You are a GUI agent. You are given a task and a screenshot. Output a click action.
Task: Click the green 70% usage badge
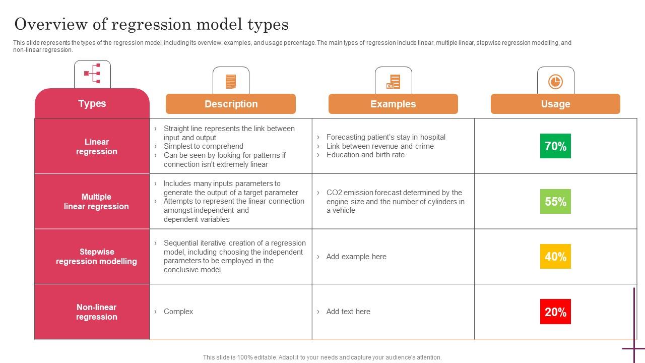click(x=555, y=146)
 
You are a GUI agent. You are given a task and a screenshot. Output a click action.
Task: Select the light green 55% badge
click(x=555, y=202)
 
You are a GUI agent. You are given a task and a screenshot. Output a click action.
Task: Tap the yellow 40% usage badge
click(x=555, y=257)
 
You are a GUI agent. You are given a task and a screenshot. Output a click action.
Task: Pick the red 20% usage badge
click(x=555, y=312)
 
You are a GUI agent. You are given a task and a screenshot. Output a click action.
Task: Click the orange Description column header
click(x=231, y=104)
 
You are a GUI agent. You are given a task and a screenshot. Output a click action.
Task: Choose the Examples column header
click(x=393, y=104)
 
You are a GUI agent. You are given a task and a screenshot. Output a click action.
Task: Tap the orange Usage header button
click(x=555, y=104)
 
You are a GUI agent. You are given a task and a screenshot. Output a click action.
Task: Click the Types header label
click(x=92, y=103)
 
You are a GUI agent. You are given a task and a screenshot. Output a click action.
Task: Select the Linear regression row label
click(x=96, y=147)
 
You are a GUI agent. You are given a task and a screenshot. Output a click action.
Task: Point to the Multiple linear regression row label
click(x=96, y=202)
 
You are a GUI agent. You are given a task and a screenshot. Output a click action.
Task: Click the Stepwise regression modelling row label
click(x=96, y=257)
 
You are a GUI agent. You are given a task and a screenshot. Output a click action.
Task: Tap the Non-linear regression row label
click(x=96, y=312)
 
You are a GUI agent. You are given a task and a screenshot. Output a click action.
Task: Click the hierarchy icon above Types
click(x=92, y=74)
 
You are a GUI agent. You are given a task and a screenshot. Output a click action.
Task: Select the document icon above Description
click(x=231, y=81)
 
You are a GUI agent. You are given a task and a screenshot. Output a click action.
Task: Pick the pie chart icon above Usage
click(x=555, y=81)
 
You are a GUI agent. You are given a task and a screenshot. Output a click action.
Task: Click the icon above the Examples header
click(x=394, y=81)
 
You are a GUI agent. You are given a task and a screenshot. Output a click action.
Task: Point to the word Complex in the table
click(x=178, y=312)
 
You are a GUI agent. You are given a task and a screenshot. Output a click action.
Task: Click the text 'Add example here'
click(x=356, y=257)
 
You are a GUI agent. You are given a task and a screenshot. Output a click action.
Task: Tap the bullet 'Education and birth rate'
click(x=365, y=155)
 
